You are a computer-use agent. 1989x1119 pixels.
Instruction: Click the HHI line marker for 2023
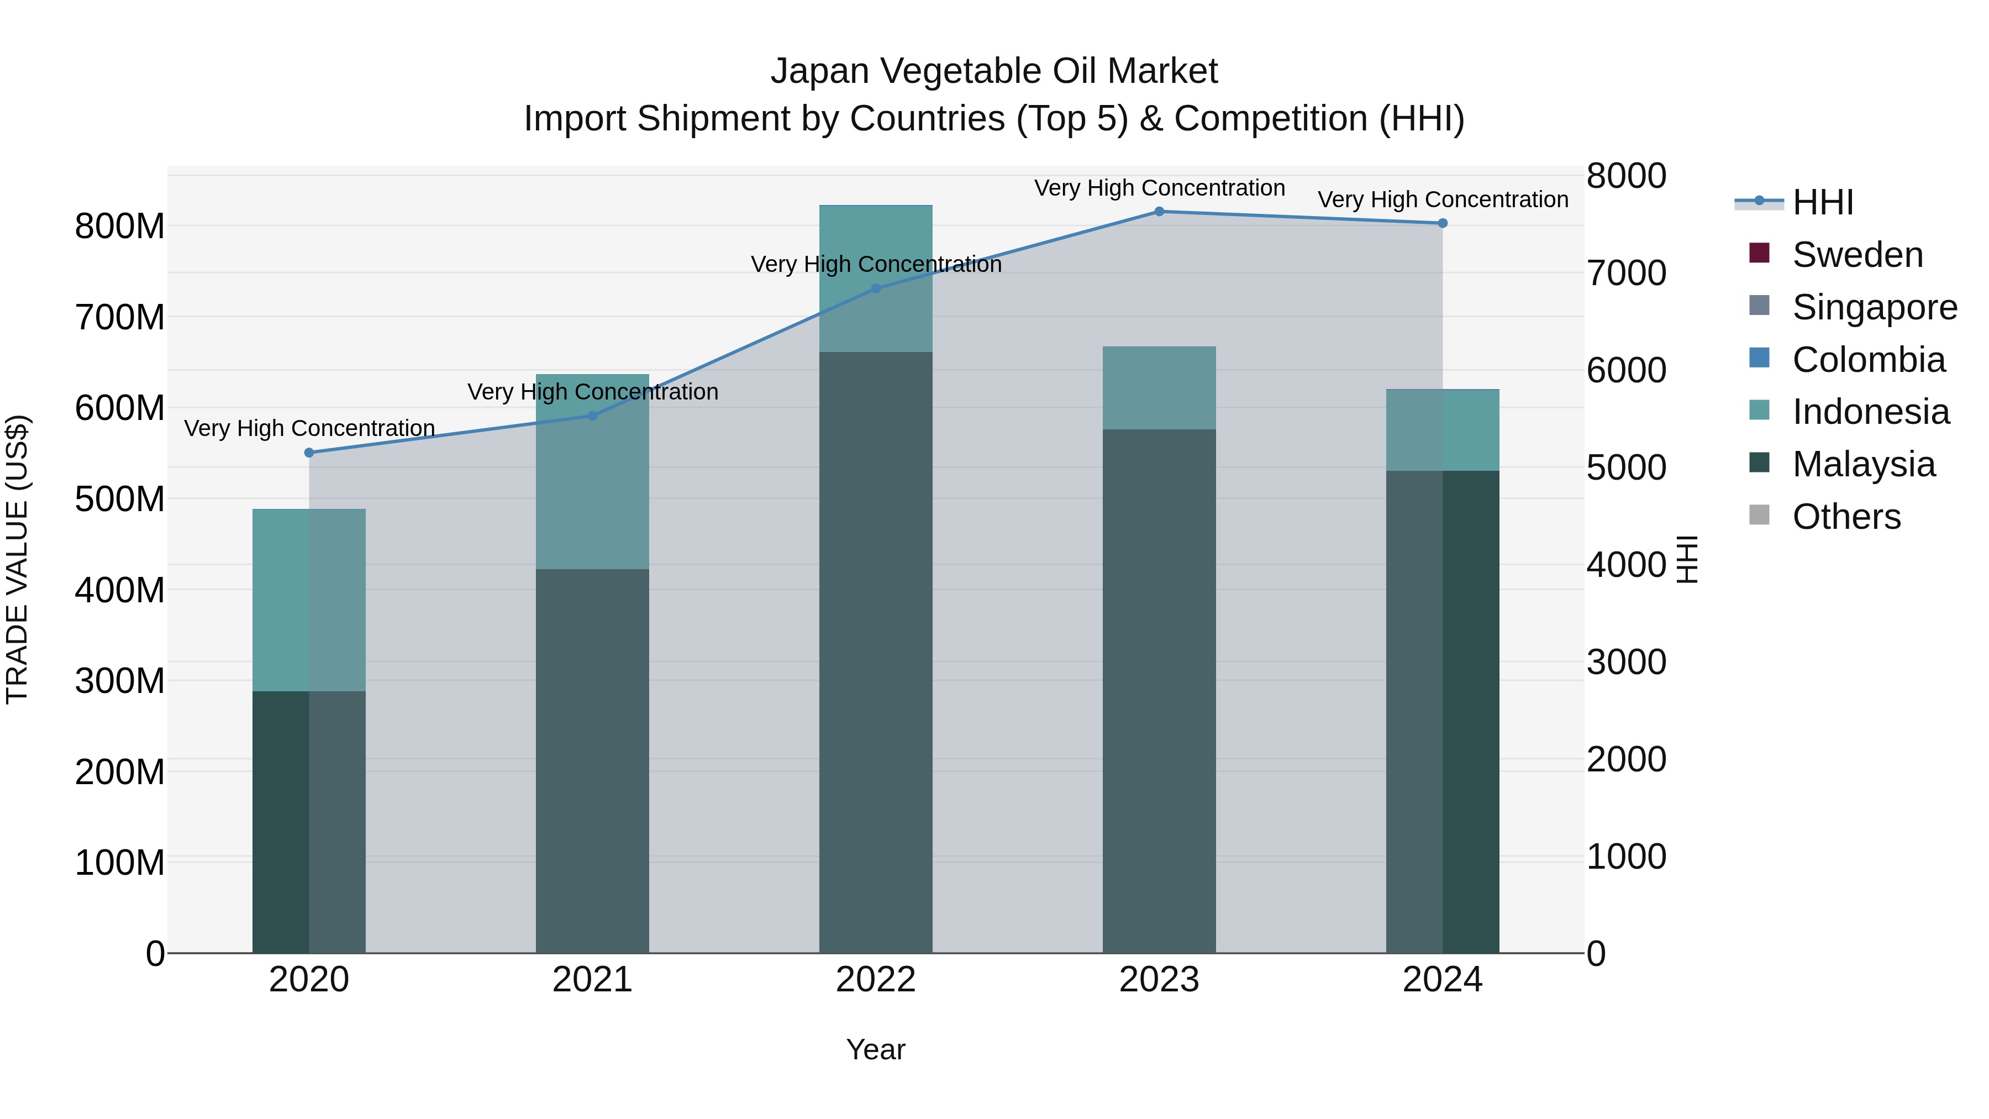pyautogui.click(x=1159, y=212)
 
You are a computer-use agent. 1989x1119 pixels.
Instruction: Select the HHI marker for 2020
pyautogui.click(x=309, y=453)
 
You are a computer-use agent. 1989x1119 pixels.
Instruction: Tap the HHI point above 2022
pyautogui.click(x=876, y=289)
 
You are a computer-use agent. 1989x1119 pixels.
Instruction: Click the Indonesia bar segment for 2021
pyautogui.click(x=592, y=472)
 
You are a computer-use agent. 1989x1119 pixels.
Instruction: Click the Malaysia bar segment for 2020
pyautogui.click(x=309, y=822)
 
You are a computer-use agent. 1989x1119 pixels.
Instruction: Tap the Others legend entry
pyautogui.click(x=1845, y=517)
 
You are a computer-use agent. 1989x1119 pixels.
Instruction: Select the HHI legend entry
pyautogui.click(x=1822, y=202)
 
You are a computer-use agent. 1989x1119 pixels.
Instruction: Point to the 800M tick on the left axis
pyautogui.click(x=120, y=227)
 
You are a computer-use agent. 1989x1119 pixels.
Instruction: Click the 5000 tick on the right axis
pyautogui.click(x=1626, y=468)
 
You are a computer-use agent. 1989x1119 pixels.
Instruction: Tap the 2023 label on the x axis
pyautogui.click(x=1159, y=980)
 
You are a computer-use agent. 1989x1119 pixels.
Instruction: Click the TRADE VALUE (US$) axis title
pyautogui.click(x=17, y=559)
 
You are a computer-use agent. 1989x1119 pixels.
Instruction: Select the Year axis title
pyautogui.click(x=876, y=1049)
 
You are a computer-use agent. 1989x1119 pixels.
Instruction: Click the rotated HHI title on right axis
pyautogui.click(x=1688, y=559)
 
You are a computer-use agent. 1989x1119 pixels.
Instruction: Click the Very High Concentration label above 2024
pyautogui.click(x=1443, y=199)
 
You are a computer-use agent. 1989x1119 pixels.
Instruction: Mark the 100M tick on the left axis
pyautogui.click(x=120, y=863)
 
